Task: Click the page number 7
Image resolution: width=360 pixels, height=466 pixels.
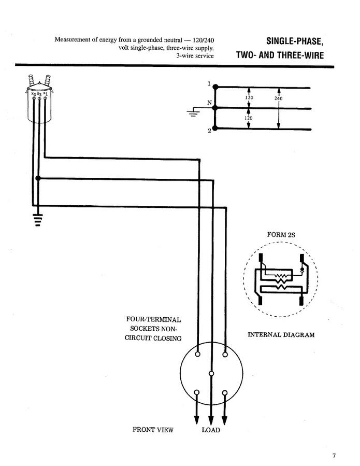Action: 334,456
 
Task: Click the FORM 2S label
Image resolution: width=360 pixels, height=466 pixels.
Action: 281,235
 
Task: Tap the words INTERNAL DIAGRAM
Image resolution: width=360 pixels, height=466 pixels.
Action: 281,334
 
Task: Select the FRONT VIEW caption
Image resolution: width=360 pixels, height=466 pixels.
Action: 153,430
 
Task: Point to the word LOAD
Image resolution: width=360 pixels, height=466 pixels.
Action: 210,430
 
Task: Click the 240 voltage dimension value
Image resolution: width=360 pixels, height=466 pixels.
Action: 278,98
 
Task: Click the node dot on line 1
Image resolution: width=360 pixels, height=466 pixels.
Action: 215,87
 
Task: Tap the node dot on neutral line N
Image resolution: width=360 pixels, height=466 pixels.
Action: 215,108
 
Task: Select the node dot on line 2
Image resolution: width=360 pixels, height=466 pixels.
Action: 215,128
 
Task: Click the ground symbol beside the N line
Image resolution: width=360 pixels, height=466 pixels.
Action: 194,112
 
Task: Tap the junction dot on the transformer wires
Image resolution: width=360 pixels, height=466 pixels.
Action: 38,178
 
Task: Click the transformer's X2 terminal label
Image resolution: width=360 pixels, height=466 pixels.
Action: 39,93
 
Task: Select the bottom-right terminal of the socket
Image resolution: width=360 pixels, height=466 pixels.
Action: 225,392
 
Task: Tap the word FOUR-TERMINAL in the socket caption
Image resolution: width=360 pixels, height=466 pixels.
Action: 153,319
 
